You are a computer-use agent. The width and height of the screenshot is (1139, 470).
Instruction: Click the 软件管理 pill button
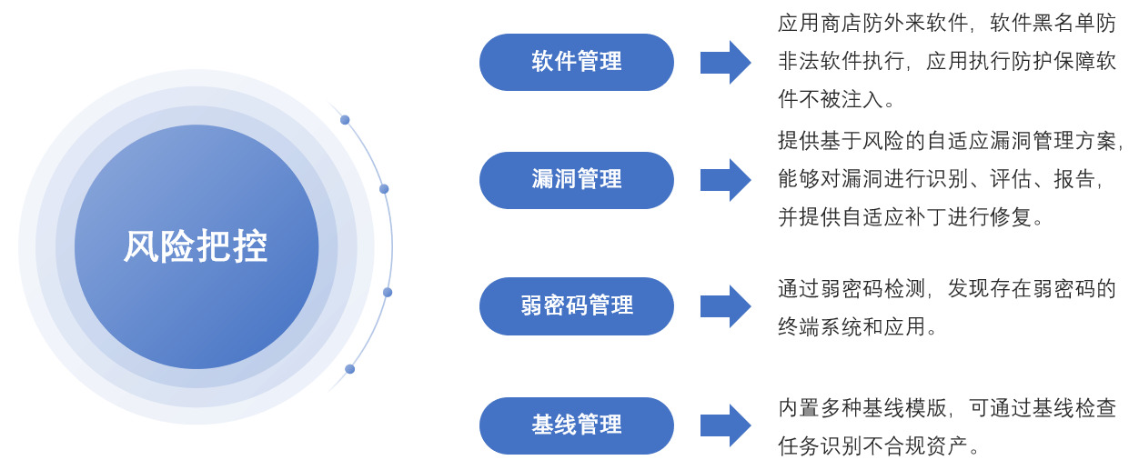tap(576, 62)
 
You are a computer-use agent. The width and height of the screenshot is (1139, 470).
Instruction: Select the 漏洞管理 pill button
tap(576, 180)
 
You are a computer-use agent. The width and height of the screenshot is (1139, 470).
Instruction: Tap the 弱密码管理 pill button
tap(576, 305)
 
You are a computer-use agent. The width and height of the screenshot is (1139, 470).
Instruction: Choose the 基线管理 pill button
tap(576, 425)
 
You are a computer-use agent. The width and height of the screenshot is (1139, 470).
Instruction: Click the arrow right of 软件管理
tap(725, 62)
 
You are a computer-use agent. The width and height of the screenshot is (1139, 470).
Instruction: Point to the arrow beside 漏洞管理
tap(725, 180)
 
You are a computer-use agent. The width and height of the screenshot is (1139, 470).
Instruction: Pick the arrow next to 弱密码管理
tap(725, 305)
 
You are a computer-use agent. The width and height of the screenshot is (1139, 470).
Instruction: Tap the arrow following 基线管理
tap(725, 425)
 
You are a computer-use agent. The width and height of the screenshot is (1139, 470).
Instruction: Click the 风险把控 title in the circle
tap(196, 246)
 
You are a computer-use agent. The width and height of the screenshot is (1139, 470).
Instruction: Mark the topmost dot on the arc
tap(345, 119)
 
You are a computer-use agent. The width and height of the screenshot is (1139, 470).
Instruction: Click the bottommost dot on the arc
tap(349, 369)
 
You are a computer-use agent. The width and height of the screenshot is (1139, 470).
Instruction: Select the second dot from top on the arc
tap(384, 189)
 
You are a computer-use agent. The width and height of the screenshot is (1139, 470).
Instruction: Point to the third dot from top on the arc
tap(388, 292)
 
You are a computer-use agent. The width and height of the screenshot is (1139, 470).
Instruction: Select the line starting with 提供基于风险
tap(950, 141)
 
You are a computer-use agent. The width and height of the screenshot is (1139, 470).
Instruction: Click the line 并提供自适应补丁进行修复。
tap(910, 218)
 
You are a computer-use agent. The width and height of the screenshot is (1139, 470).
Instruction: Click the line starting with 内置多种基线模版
tap(946, 408)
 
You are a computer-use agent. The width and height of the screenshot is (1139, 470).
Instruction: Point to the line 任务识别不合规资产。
tap(879, 446)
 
